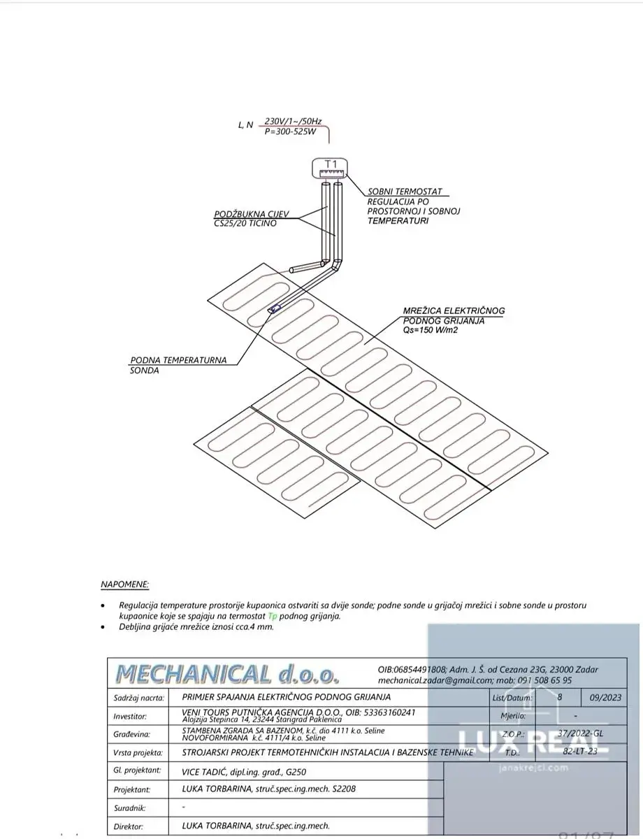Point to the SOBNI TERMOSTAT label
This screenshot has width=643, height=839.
[x=404, y=191]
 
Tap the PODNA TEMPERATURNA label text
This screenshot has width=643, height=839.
[x=178, y=360]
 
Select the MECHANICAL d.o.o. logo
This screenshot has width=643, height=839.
[x=227, y=673]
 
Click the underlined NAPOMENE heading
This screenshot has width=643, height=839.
[x=125, y=583]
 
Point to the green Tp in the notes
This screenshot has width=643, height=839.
[x=273, y=615]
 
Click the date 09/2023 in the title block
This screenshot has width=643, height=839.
[x=606, y=697]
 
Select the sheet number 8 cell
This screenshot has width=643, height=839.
[x=559, y=697]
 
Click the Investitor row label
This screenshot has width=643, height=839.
[x=131, y=716]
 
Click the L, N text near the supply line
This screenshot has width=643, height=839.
[x=245, y=125]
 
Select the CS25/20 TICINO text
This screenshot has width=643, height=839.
[x=245, y=223]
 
